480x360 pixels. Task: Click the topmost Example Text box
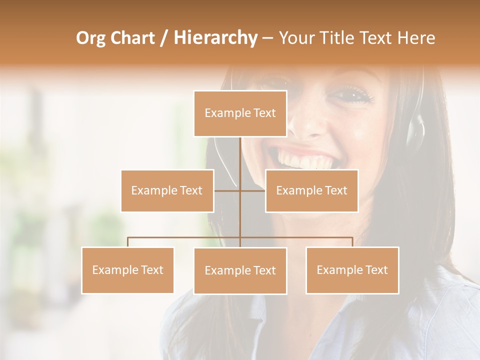tap(240, 113)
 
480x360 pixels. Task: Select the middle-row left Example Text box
tap(167, 190)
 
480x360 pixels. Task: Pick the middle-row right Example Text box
tap(311, 190)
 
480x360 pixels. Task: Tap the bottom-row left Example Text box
tap(127, 270)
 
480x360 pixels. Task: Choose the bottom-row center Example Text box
tap(240, 270)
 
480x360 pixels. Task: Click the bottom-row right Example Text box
tap(352, 270)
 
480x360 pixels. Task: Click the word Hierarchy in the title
tap(215, 38)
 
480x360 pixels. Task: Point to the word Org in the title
tap(91, 38)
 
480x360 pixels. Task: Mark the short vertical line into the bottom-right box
tap(352, 242)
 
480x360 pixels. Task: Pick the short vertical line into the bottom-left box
tap(127, 242)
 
